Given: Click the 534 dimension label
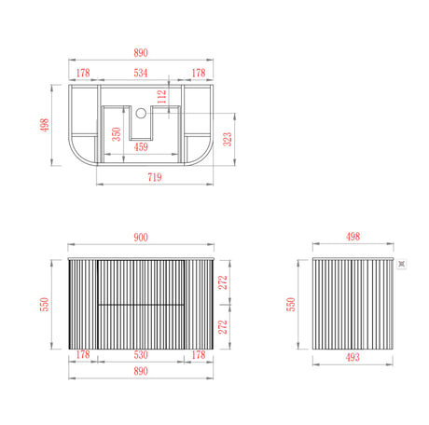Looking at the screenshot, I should pyautogui.click(x=140, y=72).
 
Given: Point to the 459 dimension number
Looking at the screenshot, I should pyautogui.click(x=141, y=146).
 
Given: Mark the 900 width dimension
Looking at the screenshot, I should pyautogui.click(x=140, y=238).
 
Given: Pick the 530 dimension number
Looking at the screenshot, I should pyautogui.click(x=140, y=354).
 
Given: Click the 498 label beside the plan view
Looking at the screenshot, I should pyautogui.click(x=44, y=124).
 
